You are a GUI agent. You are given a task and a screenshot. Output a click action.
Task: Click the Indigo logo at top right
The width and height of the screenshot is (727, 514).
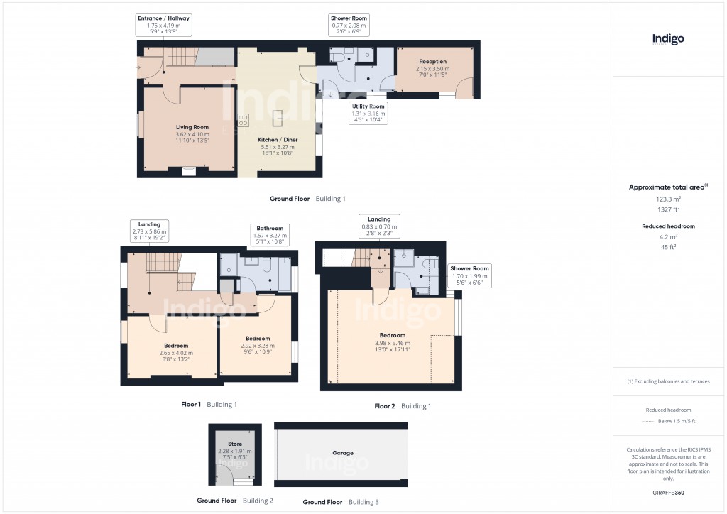[x=668, y=39]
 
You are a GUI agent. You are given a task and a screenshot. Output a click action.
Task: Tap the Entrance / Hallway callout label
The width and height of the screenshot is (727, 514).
[x=164, y=25]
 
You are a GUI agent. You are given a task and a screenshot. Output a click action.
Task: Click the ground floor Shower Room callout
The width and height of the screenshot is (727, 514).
[x=349, y=25]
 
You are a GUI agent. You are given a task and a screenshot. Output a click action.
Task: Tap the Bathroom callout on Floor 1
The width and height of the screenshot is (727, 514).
[x=270, y=235]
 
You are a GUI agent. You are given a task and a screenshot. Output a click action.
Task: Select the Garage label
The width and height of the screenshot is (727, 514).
[x=342, y=453]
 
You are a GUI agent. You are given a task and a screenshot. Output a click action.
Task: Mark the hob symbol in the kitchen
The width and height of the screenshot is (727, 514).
[x=243, y=119]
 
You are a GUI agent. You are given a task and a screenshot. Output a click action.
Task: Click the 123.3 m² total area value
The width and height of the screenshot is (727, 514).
[x=668, y=200]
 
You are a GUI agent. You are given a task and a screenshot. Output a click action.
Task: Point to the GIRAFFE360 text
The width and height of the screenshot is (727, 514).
[x=668, y=492]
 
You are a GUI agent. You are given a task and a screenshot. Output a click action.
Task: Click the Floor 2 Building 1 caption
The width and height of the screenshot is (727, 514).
[x=403, y=406]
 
